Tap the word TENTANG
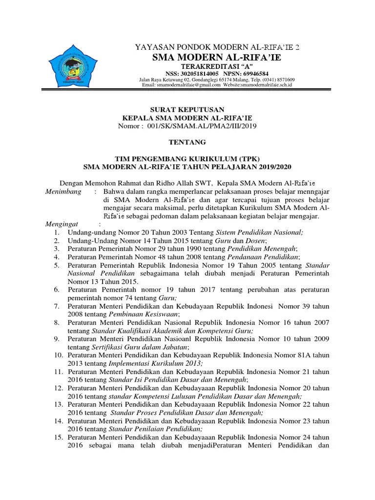click(187, 142)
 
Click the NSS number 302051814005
click(199, 72)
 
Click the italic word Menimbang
click(63, 192)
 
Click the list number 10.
click(59, 355)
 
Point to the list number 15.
click(59, 437)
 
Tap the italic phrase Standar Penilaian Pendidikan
click(149, 429)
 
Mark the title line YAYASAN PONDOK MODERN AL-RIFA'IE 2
click(217, 47)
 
